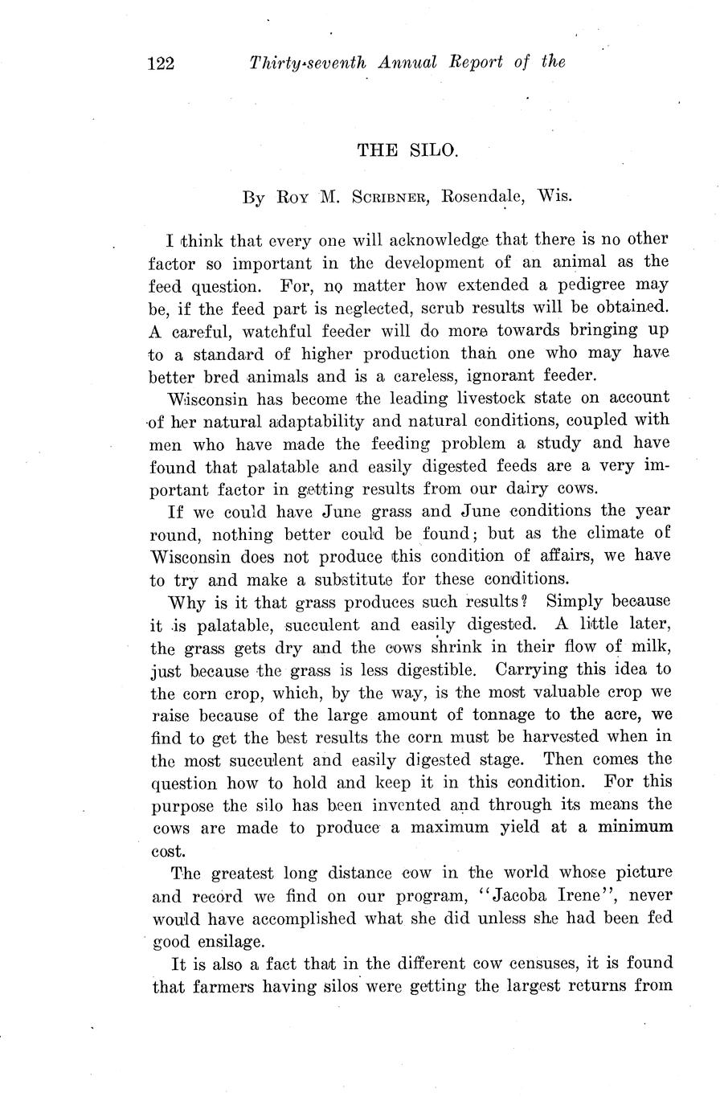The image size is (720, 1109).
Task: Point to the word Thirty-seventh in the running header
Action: [305, 63]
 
